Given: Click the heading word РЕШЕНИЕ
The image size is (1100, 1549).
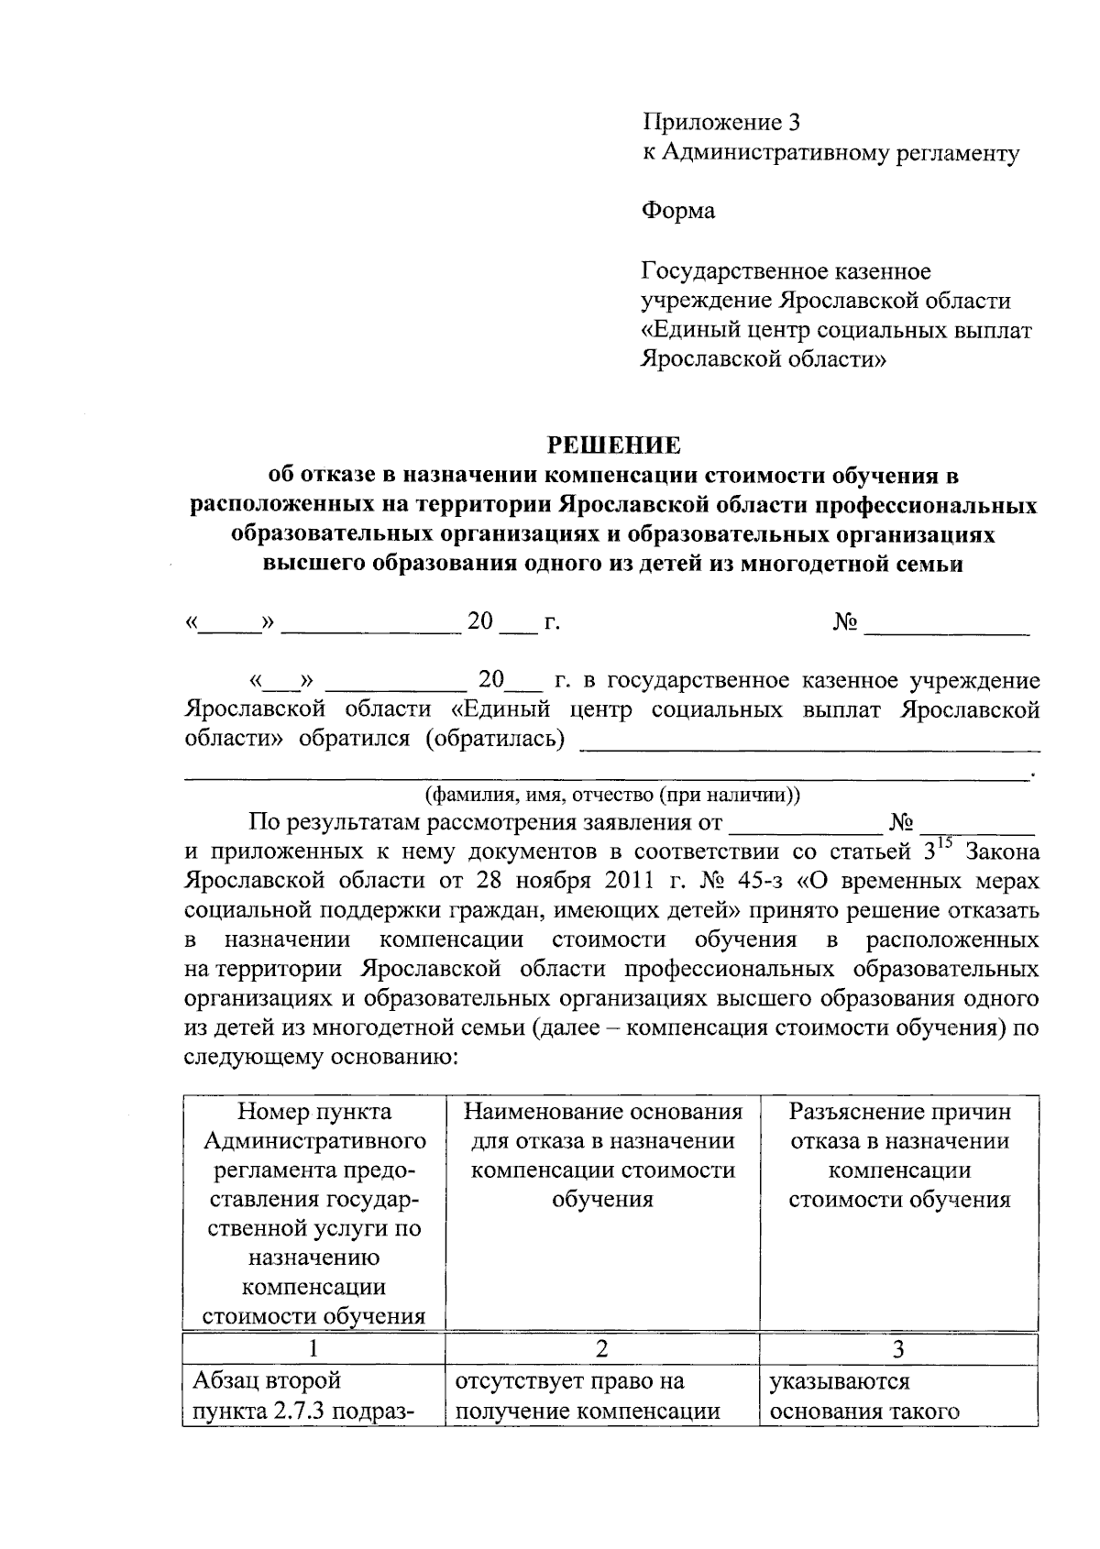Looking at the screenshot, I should [x=614, y=445].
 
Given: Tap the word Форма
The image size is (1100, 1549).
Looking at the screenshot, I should [x=677, y=212].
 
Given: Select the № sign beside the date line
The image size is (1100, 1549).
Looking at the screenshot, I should [x=845, y=623].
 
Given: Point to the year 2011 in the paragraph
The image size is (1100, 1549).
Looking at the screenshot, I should [x=605, y=881].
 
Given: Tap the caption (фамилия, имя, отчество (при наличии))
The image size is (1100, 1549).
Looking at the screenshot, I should [x=611, y=795].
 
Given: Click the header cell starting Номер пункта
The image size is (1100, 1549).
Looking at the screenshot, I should [x=313, y=1214].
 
